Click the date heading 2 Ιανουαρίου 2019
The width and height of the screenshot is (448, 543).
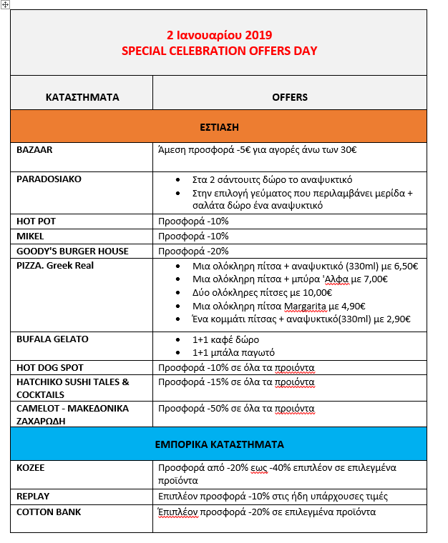[219, 34]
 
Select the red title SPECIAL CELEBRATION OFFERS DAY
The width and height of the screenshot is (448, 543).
[219, 51]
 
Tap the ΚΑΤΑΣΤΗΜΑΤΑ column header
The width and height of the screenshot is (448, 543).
[82, 96]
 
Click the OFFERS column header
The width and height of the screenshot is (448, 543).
[289, 96]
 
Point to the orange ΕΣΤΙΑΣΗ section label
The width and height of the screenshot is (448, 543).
[219, 126]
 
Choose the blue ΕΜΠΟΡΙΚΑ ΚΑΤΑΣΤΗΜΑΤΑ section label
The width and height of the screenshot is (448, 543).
[219, 444]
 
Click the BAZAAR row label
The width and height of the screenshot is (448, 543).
[34, 150]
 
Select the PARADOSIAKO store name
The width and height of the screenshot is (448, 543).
[49, 179]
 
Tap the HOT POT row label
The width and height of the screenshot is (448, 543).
[36, 221]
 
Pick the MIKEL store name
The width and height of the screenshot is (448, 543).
[30, 236]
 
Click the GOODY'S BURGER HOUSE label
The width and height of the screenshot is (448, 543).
[72, 251]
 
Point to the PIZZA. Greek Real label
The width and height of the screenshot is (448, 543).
[55, 266]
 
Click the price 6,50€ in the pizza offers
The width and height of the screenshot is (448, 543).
[403, 266]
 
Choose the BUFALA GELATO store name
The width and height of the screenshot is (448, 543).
[52, 339]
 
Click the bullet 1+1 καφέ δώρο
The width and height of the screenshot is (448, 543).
[225, 339]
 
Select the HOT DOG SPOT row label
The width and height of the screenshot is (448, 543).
[50, 368]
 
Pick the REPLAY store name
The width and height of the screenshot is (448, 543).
[33, 496]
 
